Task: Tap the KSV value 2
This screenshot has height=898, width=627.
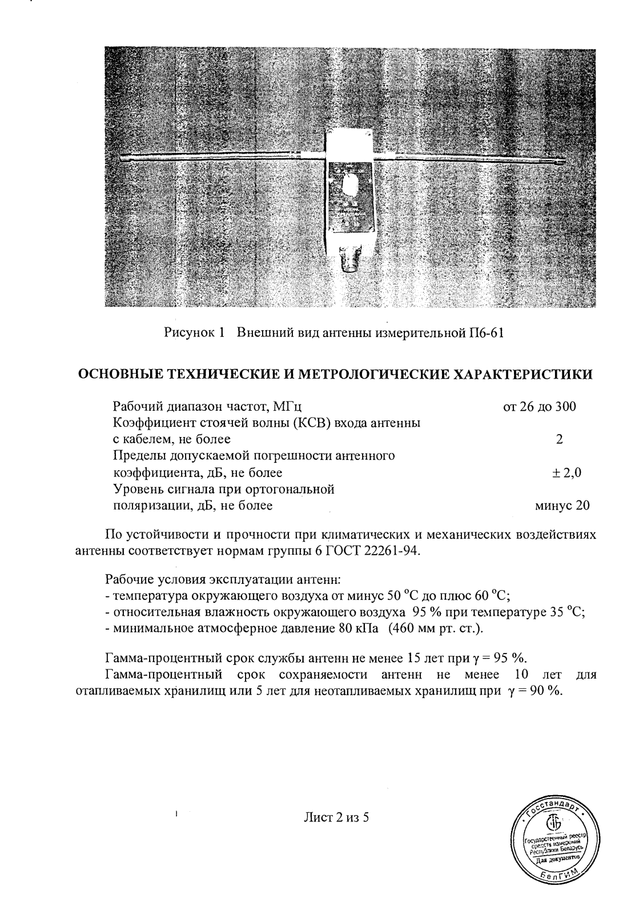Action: pyautogui.click(x=558, y=439)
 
